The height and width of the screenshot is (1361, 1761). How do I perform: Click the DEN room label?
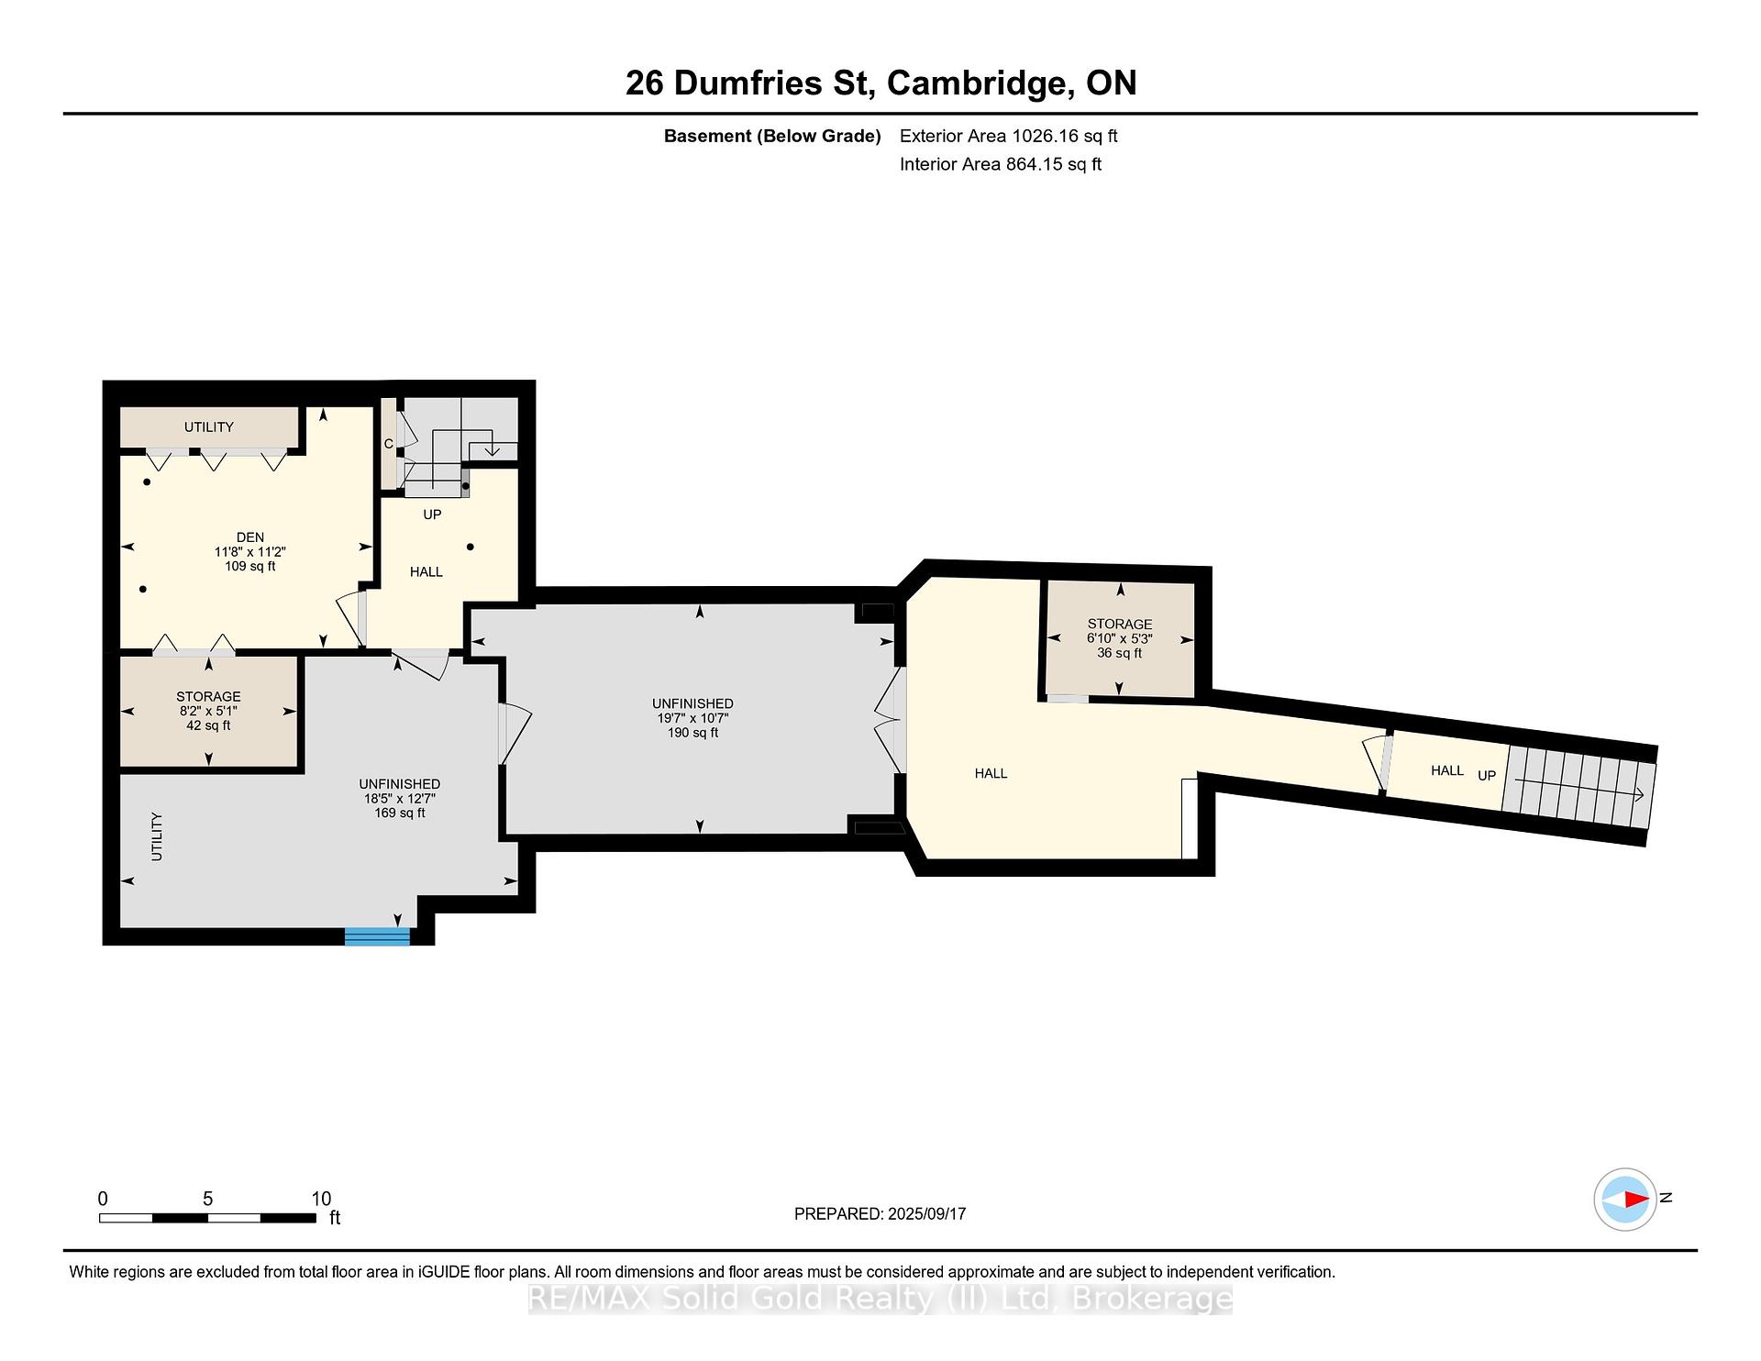pyautogui.click(x=250, y=537)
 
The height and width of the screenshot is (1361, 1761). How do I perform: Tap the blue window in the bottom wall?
pyautogui.click(x=377, y=935)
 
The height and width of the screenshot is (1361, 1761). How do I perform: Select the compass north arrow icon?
pyautogui.click(x=1625, y=1199)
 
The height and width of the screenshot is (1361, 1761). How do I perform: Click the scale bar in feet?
pyautogui.click(x=207, y=1218)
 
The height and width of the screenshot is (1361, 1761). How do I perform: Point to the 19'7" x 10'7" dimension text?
pyautogui.click(x=693, y=719)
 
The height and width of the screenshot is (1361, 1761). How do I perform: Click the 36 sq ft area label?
pyautogui.click(x=1120, y=653)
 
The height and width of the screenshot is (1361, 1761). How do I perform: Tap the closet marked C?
pyautogui.click(x=389, y=444)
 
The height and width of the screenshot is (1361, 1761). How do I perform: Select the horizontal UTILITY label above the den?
pyautogui.click(x=209, y=427)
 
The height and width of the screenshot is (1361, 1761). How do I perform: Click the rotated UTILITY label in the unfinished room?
pyautogui.click(x=157, y=836)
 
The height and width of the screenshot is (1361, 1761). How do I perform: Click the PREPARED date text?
pyautogui.click(x=880, y=1214)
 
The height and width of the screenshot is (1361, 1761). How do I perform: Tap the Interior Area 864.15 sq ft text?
pyautogui.click(x=1001, y=164)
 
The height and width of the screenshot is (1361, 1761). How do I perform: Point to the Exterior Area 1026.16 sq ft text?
pyautogui.click(x=1009, y=137)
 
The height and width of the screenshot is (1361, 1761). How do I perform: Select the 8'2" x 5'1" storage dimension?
pyautogui.click(x=209, y=711)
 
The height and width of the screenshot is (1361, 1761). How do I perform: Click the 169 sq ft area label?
pyautogui.click(x=400, y=813)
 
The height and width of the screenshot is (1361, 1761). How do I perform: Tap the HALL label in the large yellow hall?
pyautogui.click(x=991, y=774)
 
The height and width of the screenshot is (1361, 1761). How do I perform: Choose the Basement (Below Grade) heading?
pyautogui.click(x=772, y=137)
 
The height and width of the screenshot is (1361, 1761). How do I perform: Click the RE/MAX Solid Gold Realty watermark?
pyautogui.click(x=880, y=1299)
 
